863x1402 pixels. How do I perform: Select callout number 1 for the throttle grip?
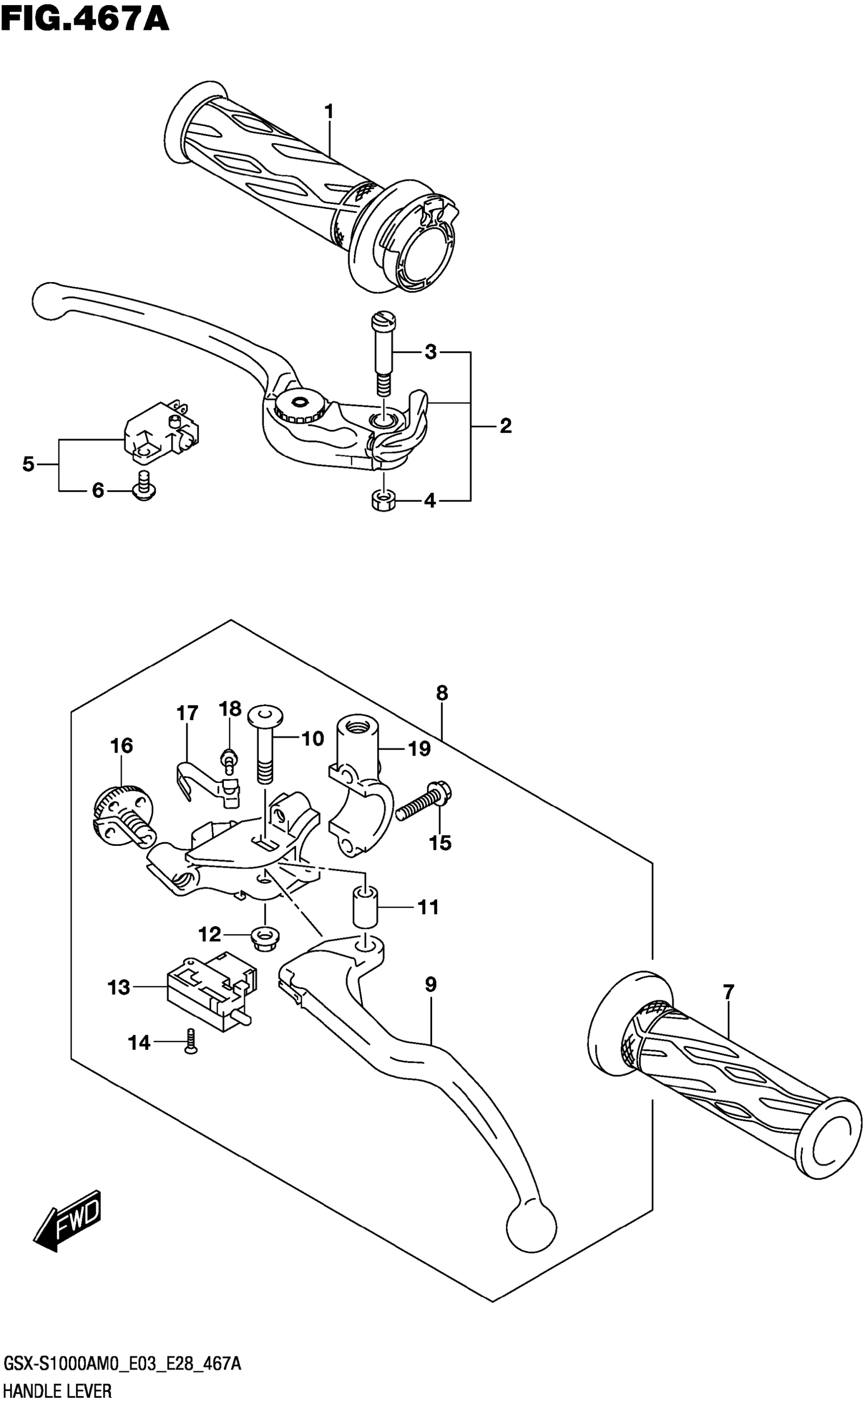(x=329, y=111)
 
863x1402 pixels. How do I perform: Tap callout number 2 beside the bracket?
(x=505, y=426)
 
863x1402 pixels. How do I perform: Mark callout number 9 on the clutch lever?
(x=431, y=984)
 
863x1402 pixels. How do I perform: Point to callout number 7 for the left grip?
(x=728, y=993)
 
